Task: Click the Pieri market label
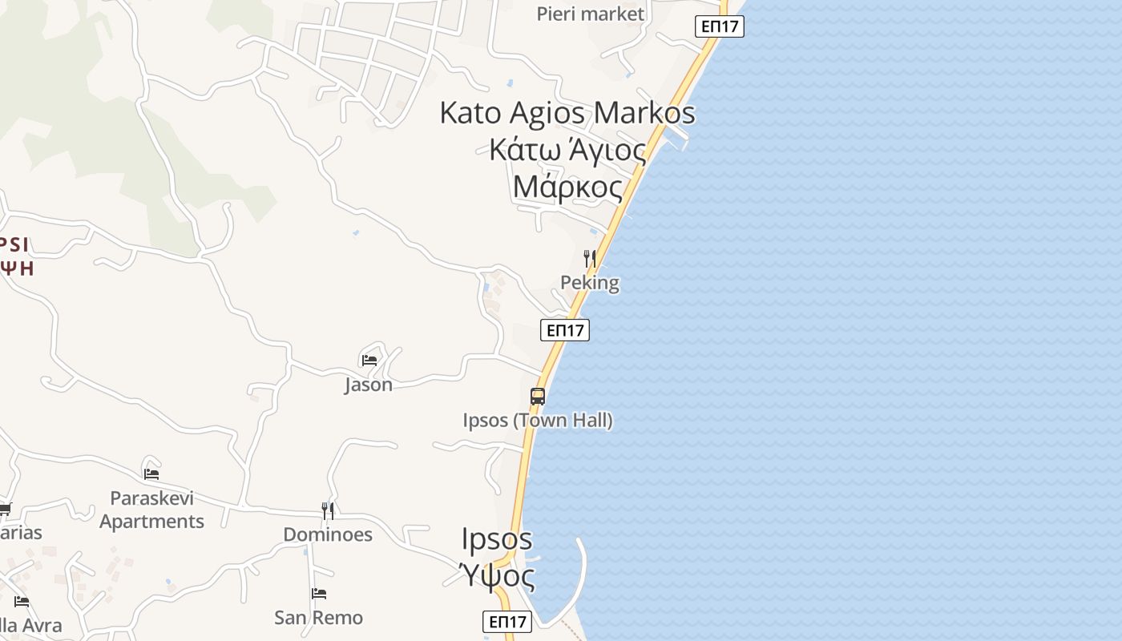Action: pos(590,14)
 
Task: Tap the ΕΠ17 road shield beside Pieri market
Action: pos(719,26)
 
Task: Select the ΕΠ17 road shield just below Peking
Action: pos(565,330)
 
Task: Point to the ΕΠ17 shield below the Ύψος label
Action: pos(507,621)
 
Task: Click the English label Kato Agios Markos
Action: pos(567,113)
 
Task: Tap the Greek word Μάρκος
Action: pos(567,187)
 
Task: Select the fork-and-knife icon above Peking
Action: pos(590,258)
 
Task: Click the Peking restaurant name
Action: pos(590,283)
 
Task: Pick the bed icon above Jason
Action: pos(369,360)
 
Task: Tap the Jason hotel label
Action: pos(369,385)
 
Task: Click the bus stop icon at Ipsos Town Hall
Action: pos(538,396)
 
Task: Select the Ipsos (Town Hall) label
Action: pos(538,420)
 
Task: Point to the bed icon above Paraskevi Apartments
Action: pos(151,474)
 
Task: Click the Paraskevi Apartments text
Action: pos(151,510)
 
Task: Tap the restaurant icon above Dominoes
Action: pos(328,510)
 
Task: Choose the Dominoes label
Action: pos(328,534)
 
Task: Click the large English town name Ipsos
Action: pos(497,538)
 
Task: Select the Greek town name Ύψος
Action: pos(497,574)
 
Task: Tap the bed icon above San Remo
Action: pos(319,594)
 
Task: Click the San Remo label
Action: pos(318,618)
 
